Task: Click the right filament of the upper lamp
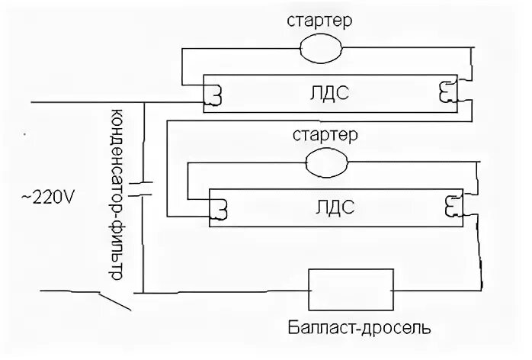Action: (x=444, y=92)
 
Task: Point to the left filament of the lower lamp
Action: (x=221, y=207)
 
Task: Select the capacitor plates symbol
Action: (x=142, y=189)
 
